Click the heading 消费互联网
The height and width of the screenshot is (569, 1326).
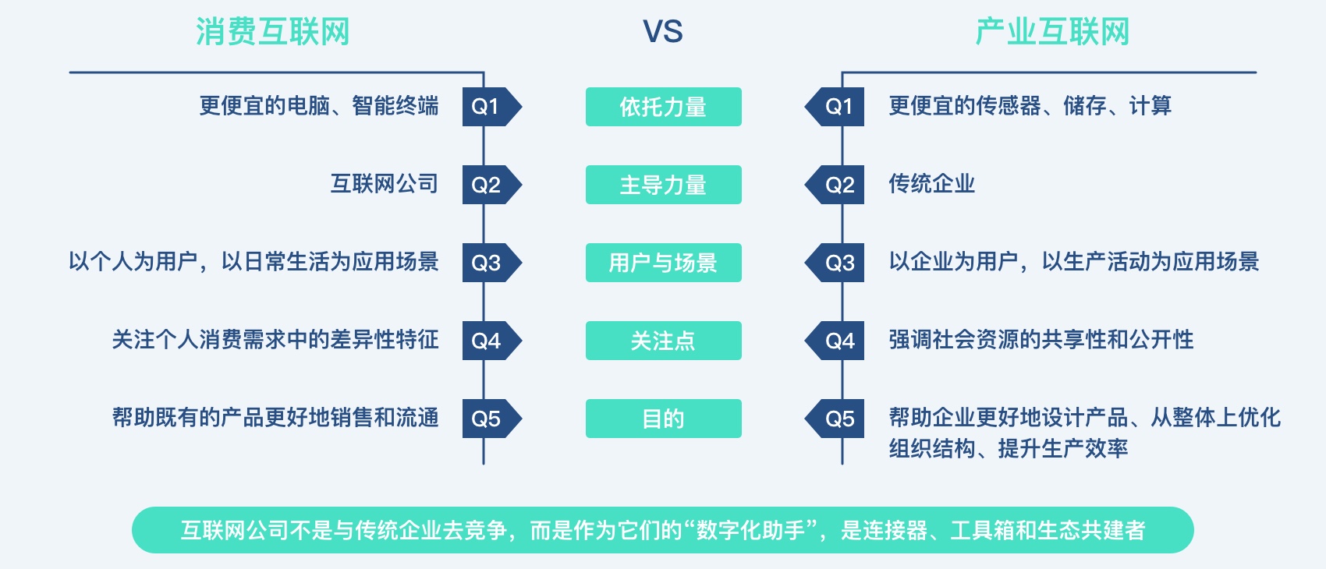coord(273,31)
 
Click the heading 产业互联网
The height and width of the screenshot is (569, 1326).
coord(1052,31)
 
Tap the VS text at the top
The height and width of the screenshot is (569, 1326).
coord(663,31)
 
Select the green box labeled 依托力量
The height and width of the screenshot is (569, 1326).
coord(664,107)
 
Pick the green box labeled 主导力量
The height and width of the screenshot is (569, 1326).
coord(664,185)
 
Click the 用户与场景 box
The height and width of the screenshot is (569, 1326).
coord(664,263)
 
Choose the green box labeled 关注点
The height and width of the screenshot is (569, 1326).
coord(664,341)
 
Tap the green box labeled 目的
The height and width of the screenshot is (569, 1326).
coord(664,419)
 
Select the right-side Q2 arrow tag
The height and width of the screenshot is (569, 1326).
coord(834,185)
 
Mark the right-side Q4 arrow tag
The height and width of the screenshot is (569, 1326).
coord(834,341)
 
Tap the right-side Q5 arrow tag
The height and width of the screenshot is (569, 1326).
coord(834,419)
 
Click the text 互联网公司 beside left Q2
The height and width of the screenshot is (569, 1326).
coord(385,184)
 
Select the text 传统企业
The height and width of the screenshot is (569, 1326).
coord(932,184)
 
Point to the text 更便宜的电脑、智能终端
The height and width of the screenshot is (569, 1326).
coord(319,106)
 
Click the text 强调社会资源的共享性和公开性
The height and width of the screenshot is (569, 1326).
coord(1041,340)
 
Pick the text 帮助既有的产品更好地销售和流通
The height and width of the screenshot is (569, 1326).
coord(275,418)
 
